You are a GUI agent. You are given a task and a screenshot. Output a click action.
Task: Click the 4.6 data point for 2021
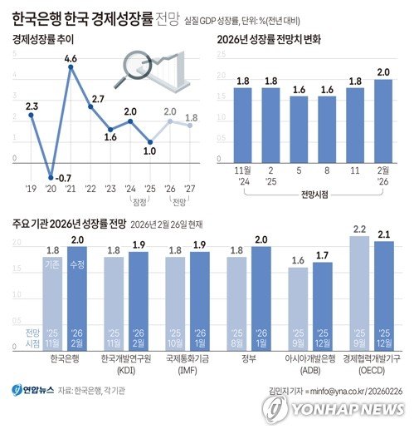pos(71,68)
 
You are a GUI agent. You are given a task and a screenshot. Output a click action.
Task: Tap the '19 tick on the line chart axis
pos(31,188)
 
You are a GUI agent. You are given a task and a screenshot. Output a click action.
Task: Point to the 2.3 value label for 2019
pos(32,106)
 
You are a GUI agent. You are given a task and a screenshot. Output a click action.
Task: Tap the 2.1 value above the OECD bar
pos(384,234)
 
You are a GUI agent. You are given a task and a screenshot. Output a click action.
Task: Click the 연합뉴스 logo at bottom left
pos(33,389)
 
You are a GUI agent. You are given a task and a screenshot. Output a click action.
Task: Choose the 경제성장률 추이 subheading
pos(41,39)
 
